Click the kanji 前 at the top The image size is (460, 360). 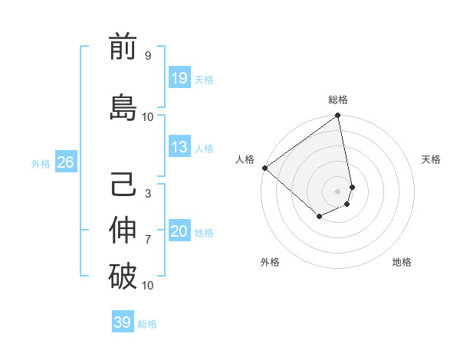[x=123, y=47]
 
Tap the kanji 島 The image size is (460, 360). [x=123, y=107]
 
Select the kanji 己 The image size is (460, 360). [x=123, y=185]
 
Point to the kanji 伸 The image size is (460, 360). [x=123, y=231]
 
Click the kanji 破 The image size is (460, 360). [x=123, y=276]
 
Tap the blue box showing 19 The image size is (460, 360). [x=179, y=78]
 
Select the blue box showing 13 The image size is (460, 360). [x=179, y=147]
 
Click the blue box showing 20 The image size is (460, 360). [x=179, y=231]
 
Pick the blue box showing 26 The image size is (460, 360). [x=65, y=162]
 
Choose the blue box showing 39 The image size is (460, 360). [x=123, y=322]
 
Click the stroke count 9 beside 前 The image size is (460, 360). [x=148, y=56]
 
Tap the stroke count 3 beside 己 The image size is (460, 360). [x=148, y=194]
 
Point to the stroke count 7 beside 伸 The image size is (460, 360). [x=148, y=240]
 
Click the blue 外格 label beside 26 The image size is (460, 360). [x=41, y=163]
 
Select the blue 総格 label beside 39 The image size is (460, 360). [x=147, y=323]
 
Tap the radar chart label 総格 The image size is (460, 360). [x=338, y=100]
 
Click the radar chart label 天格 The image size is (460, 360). [x=431, y=159]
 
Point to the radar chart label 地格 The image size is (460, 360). [x=402, y=262]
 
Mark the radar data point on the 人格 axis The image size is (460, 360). [x=264, y=168]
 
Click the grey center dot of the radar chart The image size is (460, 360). [x=337, y=191]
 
